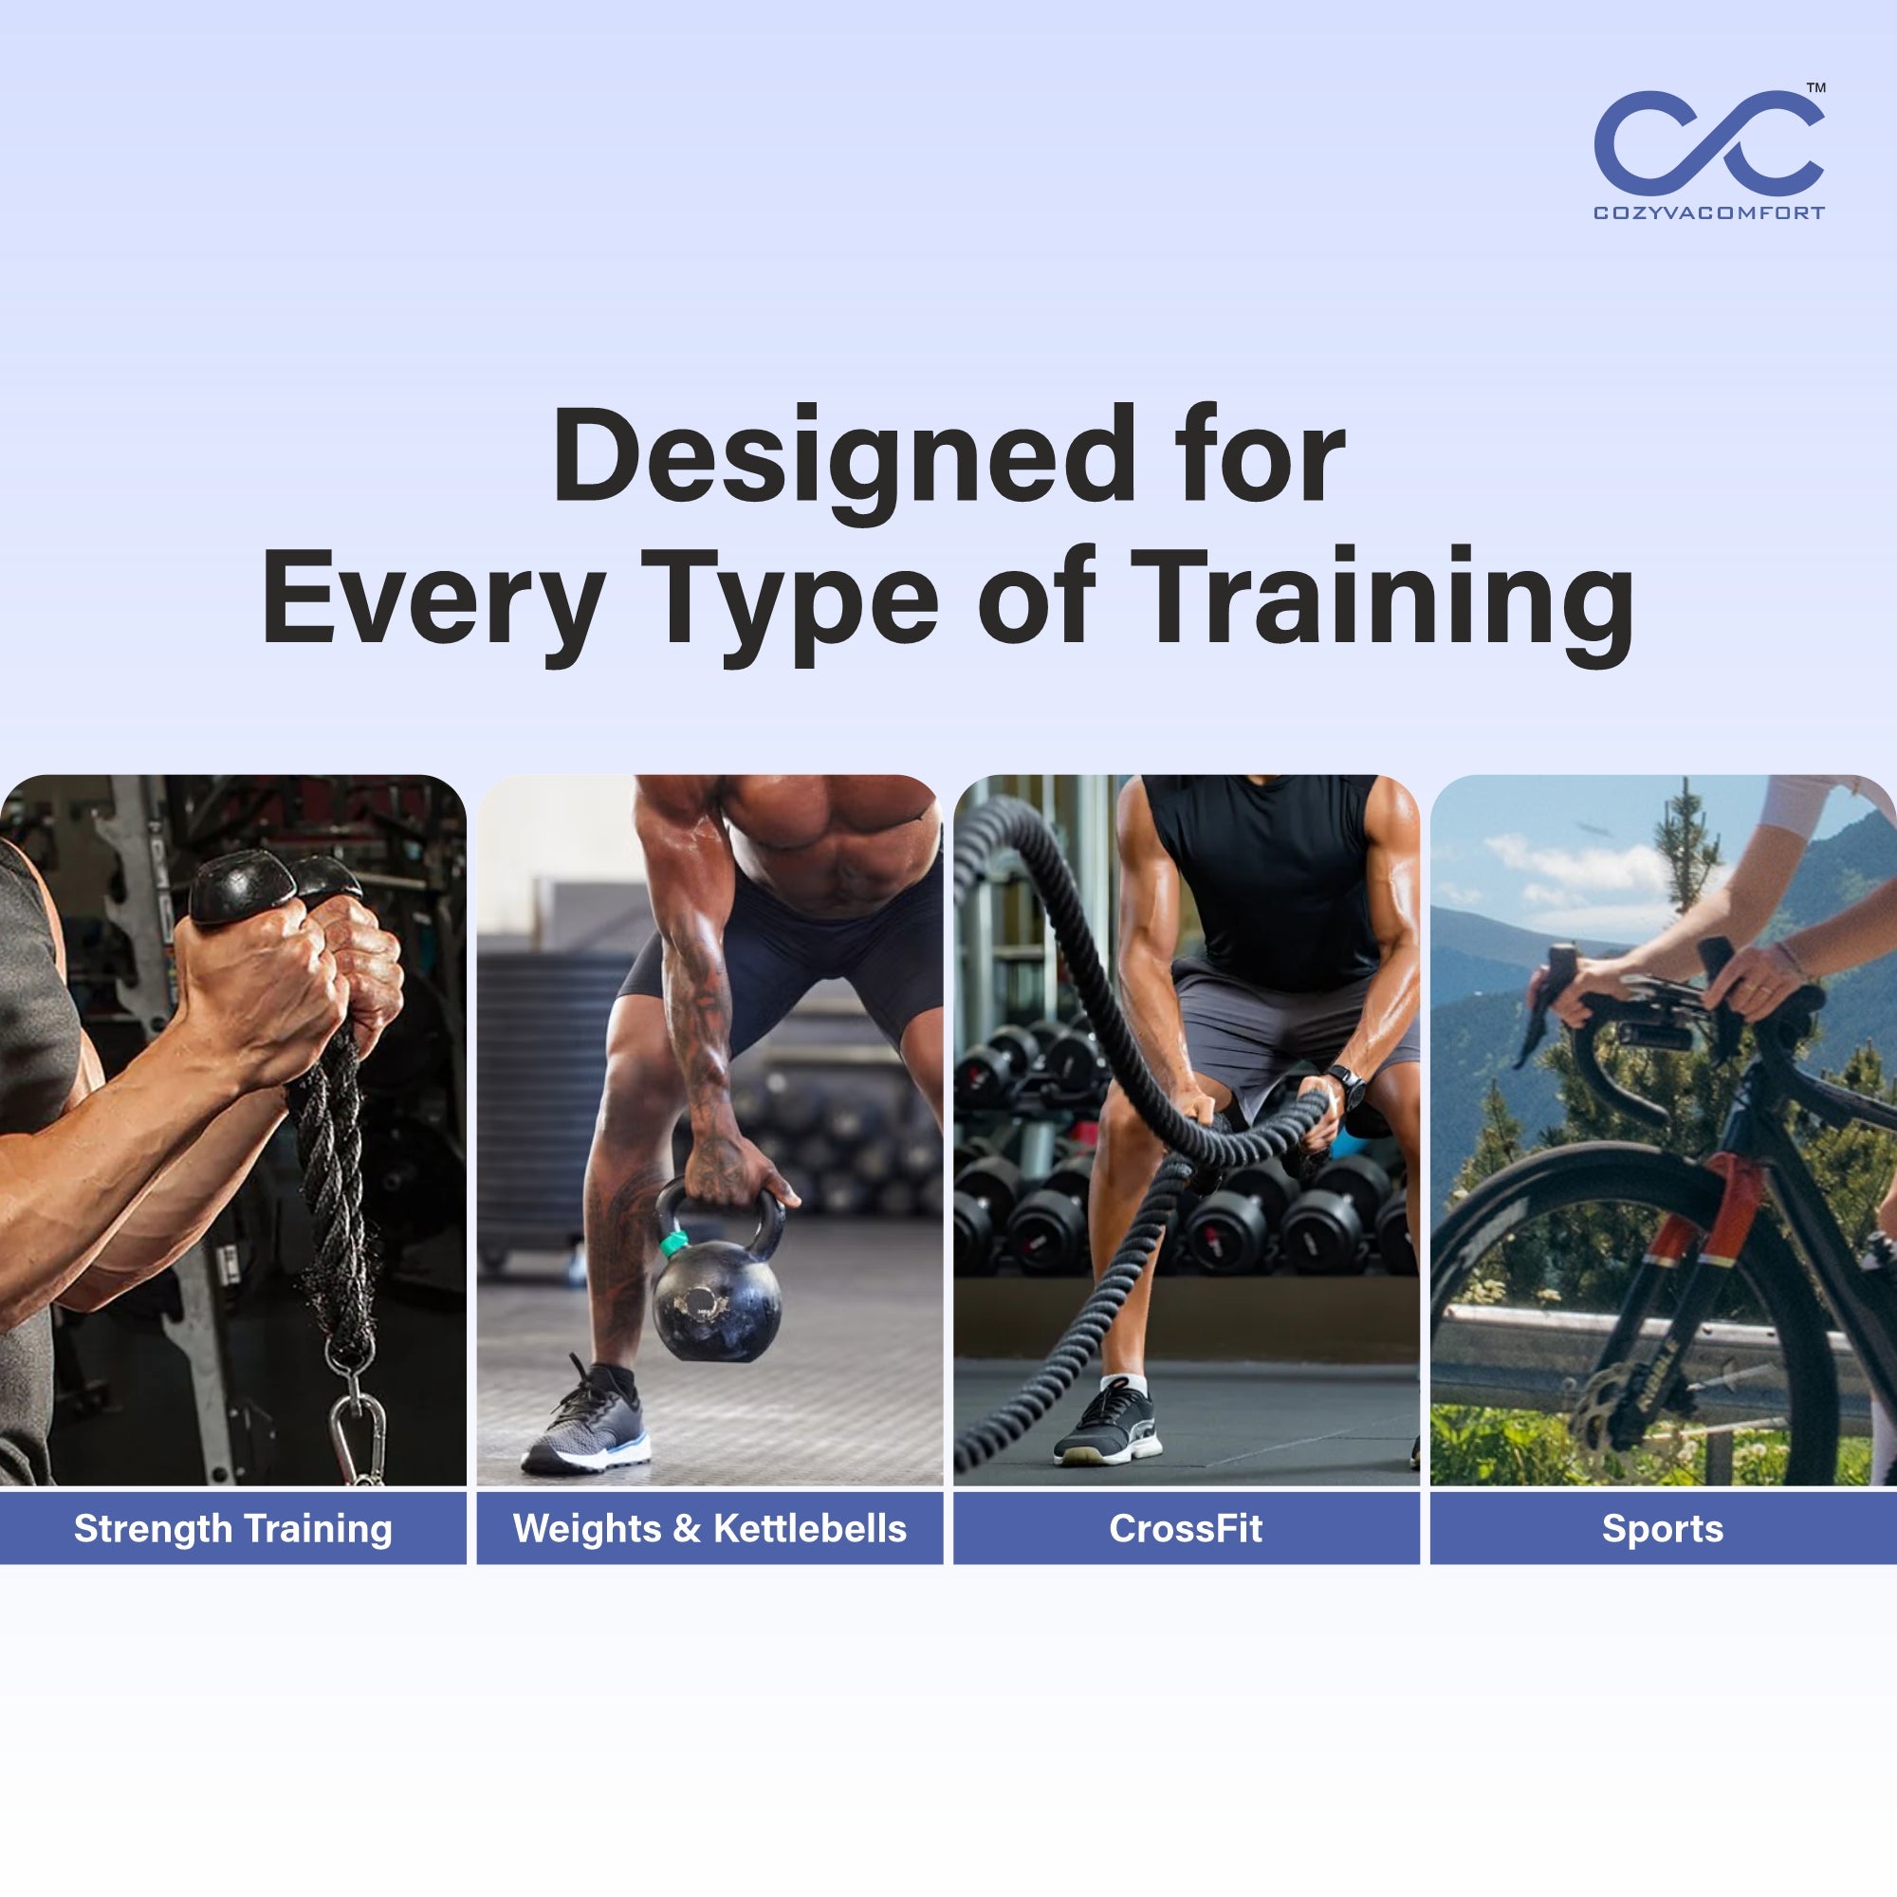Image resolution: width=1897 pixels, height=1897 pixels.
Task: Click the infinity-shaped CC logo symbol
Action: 1708,142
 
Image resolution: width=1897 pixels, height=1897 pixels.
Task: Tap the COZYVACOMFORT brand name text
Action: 1709,213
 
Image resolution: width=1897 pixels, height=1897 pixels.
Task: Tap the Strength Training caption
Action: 233,1529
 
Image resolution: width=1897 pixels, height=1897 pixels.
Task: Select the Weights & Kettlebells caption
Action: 709,1528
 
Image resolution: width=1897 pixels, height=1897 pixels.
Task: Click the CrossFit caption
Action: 1187,1528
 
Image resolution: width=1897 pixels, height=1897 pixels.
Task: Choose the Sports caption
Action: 1664,1529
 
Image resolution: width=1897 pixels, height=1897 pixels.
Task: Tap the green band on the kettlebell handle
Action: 673,1243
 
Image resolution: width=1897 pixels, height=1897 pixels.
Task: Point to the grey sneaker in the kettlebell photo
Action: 587,1420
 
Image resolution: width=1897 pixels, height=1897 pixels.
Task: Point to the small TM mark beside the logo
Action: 1816,87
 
